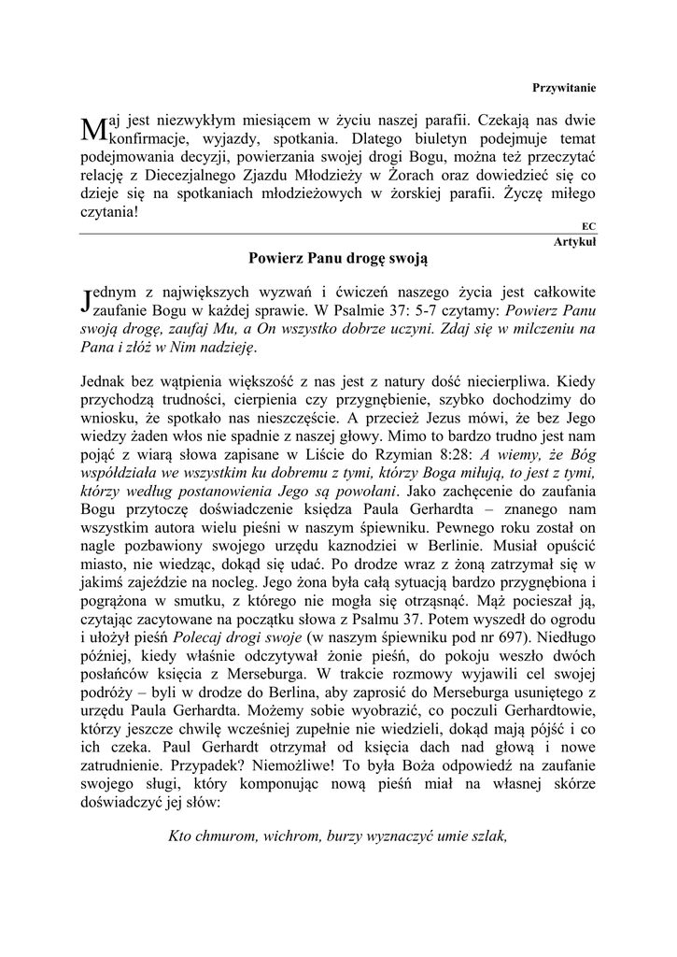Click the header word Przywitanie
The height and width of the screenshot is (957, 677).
[x=564, y=87]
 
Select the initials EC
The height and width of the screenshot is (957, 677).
[x=588, y=225]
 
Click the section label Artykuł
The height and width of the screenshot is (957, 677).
[x=575, y=241]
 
